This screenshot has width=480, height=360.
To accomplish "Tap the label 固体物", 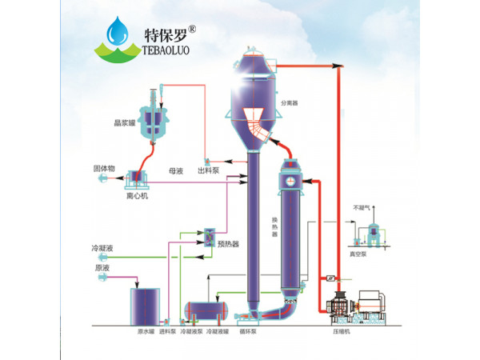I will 106,169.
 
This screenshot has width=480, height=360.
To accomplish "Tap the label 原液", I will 102,268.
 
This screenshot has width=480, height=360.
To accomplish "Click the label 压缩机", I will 344,330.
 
